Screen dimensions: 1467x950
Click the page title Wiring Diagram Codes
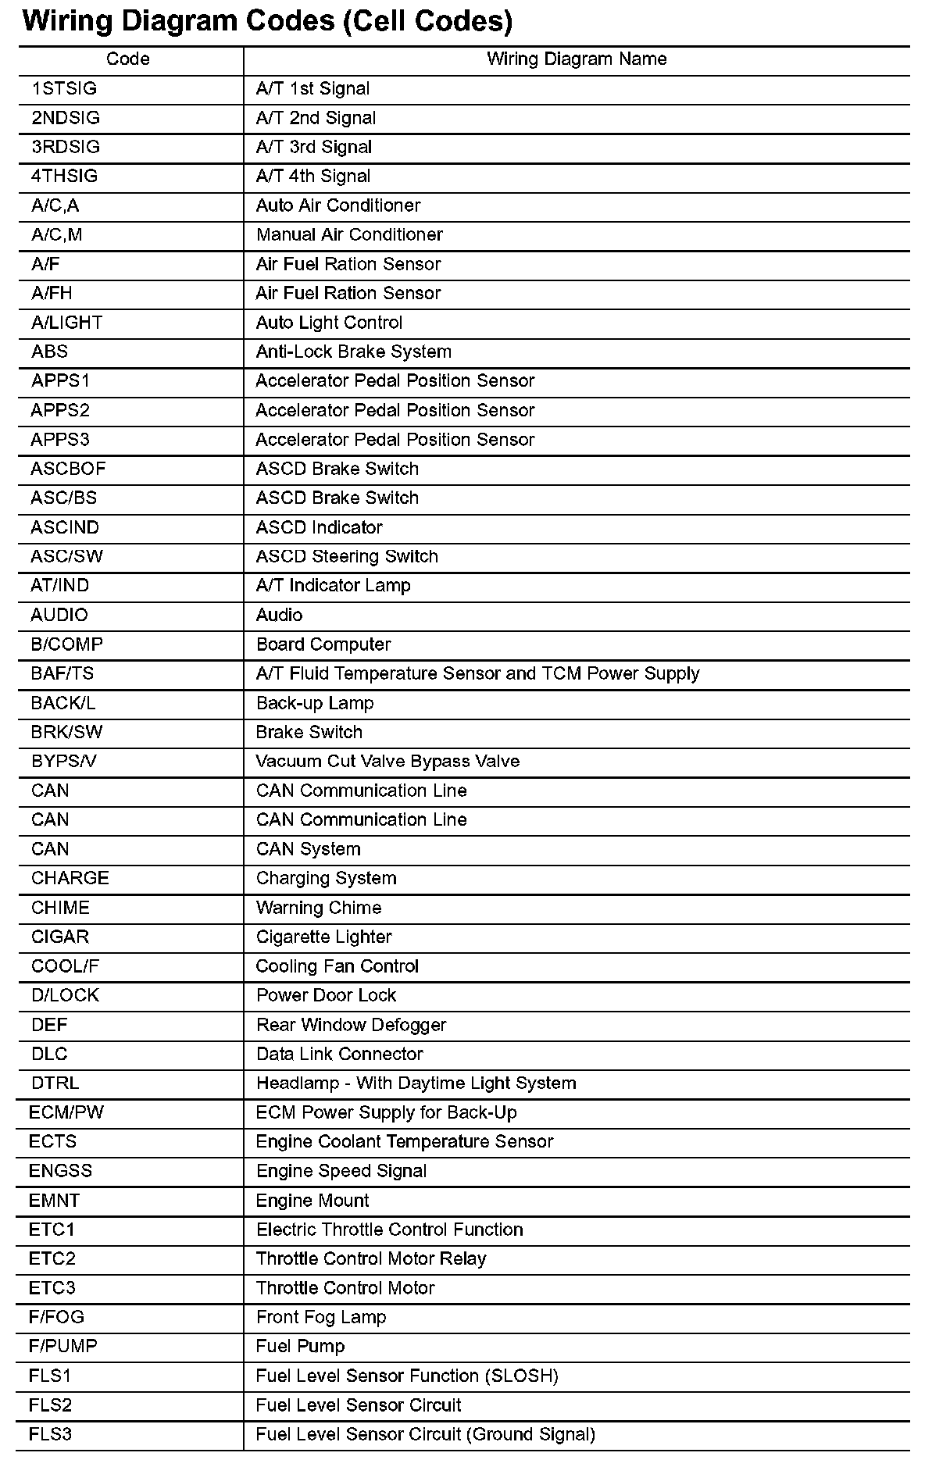coord(267,21)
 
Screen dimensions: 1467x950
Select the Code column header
coord(128,59)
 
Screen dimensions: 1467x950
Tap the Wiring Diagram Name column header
coord(577,59)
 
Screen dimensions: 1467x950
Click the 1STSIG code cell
coord(64,89)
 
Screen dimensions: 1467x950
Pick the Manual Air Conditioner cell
coord(349,235)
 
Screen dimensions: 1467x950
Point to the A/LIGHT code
coord(66,323)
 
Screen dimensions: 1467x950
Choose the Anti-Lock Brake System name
coord(354,352)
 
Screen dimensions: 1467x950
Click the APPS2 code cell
coord(60,411)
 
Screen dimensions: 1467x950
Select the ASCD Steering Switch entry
coord(347,557)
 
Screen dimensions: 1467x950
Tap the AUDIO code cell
coord(59,616)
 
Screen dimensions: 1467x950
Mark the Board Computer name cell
coord(323,644)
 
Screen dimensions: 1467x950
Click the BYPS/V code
coord(64,762)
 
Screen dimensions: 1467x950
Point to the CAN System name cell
coord(309,849)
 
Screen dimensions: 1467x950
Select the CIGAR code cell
coord(60,937)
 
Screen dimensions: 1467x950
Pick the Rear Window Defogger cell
coord(352,1025)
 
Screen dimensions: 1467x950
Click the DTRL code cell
coord(55,1083)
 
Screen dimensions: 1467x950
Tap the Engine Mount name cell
coord(312,1201)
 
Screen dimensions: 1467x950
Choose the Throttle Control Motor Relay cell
coord(371,1259)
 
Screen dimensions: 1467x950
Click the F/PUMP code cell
coord(63,1347)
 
